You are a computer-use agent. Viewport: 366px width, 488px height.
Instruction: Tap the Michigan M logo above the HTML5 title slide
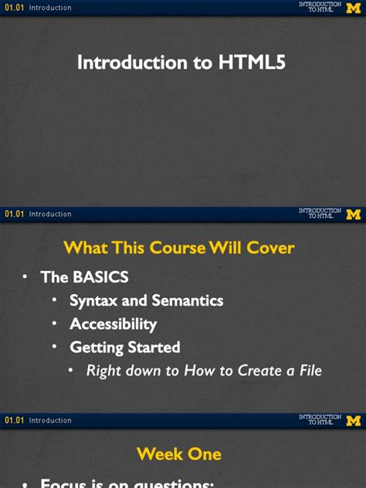point(353,8)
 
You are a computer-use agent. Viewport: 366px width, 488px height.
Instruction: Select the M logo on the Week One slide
point(353,421)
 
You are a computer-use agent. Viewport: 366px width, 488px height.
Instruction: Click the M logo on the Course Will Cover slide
point(353,214)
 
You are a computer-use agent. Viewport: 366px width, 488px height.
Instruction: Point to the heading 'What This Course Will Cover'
point(179,248)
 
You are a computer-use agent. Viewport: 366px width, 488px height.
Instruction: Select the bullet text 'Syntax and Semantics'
point(146,300)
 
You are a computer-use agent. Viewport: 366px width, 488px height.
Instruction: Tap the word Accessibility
point(113,324)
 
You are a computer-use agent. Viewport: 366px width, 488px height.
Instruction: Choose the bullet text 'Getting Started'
point(124,347)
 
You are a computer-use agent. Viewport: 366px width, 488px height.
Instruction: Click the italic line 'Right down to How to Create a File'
point(204,371)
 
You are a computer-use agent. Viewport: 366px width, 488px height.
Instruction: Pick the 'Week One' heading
point(179,454)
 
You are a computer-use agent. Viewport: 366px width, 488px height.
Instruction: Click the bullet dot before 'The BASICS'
point(25,276)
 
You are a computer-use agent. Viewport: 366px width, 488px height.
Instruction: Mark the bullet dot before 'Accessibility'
point(55,324)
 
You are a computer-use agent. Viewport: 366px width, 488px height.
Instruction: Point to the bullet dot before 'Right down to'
point(72,371)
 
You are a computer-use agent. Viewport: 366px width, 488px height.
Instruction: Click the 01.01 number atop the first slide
point(15,8)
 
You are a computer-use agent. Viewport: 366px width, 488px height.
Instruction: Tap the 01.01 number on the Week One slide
point(15,421)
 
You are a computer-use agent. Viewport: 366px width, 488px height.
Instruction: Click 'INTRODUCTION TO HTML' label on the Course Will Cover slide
point(320,214)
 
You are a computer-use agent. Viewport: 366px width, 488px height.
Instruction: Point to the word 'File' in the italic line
point(307,371)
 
